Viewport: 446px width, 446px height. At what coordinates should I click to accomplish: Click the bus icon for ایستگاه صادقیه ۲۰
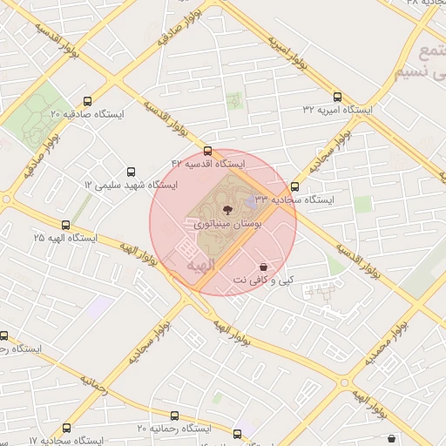pos(87,102)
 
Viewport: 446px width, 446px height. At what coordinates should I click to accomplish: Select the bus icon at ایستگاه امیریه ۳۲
pos(337,98)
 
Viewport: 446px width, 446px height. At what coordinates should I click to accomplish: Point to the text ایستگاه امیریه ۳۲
pos(337,110)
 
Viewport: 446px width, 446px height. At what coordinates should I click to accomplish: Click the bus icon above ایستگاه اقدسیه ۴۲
pos(207,152)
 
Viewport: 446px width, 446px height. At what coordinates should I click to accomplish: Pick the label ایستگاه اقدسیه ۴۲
pos(208,164)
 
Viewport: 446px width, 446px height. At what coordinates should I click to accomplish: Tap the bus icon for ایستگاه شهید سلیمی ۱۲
pos(132,172)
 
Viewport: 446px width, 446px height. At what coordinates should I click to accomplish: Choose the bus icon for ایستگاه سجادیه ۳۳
pos(294,186)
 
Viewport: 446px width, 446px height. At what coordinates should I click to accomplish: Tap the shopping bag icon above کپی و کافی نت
pos(263,267)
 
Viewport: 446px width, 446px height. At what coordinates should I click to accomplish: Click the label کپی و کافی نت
pos(263,280)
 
